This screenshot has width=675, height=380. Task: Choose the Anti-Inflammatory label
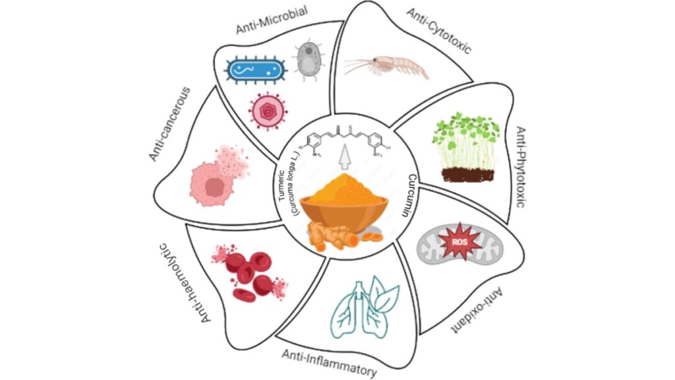point(330,364)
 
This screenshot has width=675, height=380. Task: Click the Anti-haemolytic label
point(186,284)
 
